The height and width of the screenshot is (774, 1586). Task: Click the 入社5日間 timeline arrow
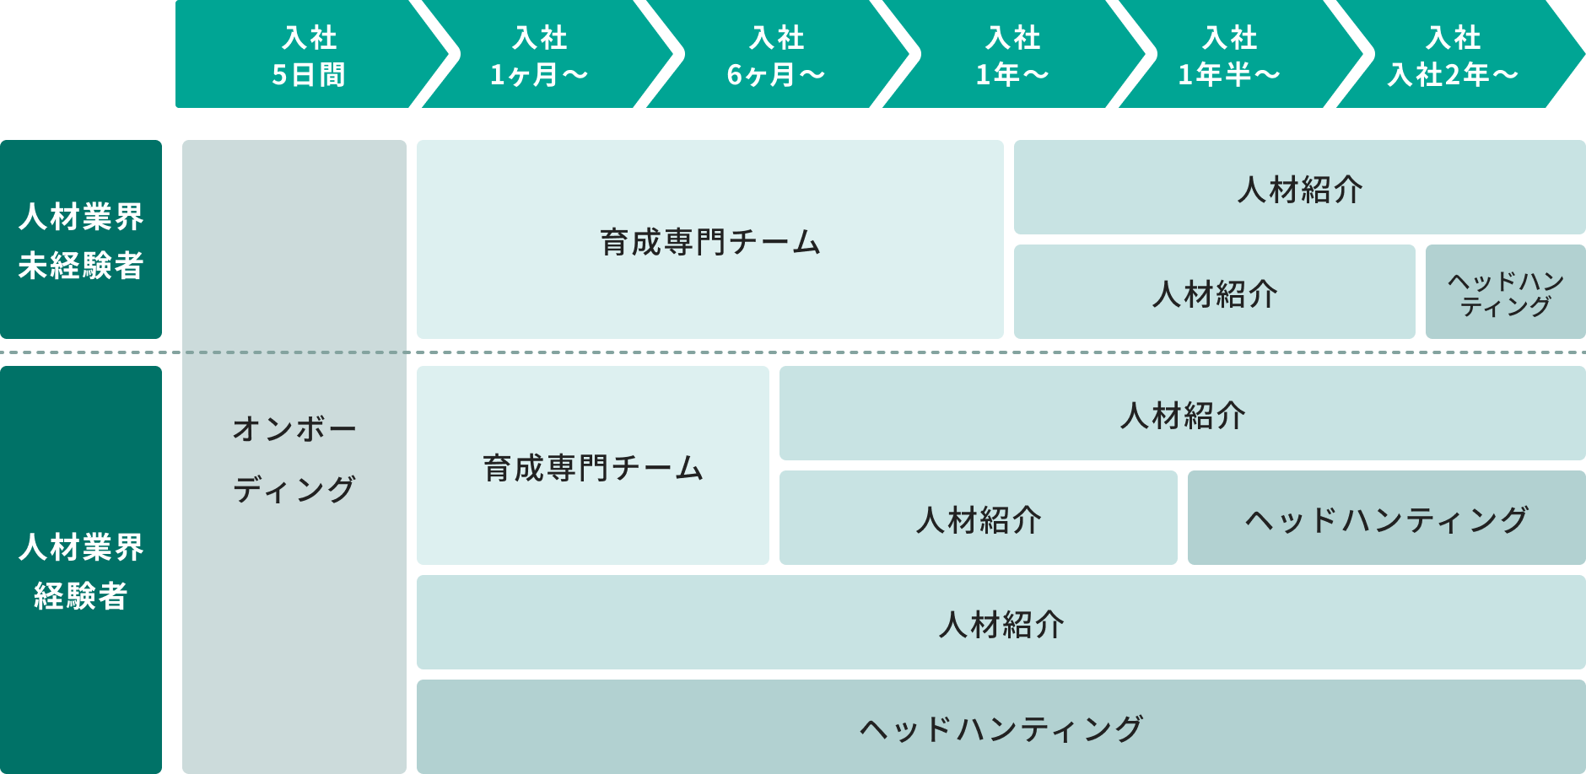tap(309, 54)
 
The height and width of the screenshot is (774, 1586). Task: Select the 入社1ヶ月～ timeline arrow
tap(540, 54)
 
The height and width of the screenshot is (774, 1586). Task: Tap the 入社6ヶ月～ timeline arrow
tap(776, 54)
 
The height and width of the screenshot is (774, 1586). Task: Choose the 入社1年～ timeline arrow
tap(1012, 54)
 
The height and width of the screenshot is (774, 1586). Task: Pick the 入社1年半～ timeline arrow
tap(1230, 54)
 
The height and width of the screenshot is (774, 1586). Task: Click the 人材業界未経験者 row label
tap(81, 239)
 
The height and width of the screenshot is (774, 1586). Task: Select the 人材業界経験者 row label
tap(81, 570)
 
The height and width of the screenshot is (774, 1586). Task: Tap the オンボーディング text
tap(294, 459)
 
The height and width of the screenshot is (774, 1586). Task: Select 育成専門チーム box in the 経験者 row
tap(593, 465)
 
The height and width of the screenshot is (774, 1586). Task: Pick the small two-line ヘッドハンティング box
tap(1506, 292)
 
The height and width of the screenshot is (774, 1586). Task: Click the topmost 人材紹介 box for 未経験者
tap(1300, 187)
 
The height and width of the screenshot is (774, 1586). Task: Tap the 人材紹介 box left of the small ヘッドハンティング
tap(1215, 292)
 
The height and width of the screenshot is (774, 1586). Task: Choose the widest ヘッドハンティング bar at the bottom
tap(1001, 727)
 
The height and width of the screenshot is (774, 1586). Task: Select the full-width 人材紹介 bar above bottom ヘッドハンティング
tap(1001, 622)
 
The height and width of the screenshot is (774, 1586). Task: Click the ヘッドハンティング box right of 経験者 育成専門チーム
tap(1387, 518)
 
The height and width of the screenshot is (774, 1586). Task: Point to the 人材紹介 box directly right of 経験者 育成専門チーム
tap(979, 518)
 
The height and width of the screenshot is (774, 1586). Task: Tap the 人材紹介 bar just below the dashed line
tap(1183, 413)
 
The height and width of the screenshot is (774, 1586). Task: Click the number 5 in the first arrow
tap(279, 75)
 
